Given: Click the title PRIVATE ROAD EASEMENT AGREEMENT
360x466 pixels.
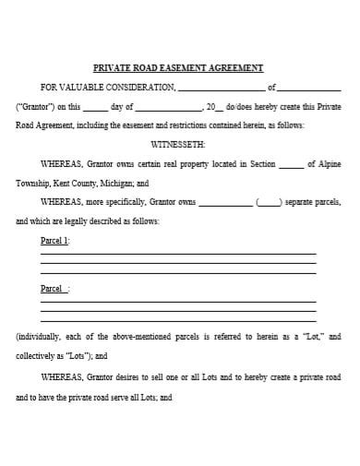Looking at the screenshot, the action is tap(179, 67).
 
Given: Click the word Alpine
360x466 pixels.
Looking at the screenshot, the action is tap(330, 164).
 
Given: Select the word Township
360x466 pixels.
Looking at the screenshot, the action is tap(33, 184).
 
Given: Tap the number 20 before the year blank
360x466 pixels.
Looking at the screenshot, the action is tap(211, 106).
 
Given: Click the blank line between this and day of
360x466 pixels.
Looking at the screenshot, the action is tap(95, 106).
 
